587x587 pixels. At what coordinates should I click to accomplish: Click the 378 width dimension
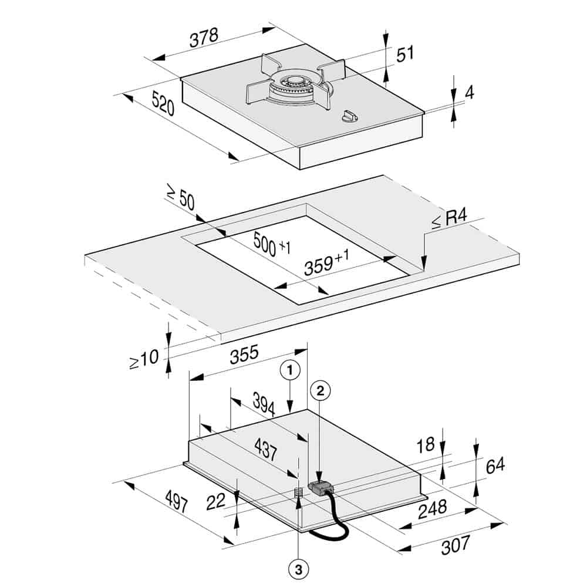[x=204, y=38]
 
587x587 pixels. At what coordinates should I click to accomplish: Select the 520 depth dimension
[x=163, y=104]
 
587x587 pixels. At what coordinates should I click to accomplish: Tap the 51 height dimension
[x=405, y=53]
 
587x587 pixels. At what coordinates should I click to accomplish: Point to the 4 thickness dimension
[x=470, y=92]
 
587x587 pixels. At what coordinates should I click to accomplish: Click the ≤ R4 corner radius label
[x=449, y=219]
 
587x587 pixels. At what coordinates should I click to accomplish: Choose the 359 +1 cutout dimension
[x=326, y=262]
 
